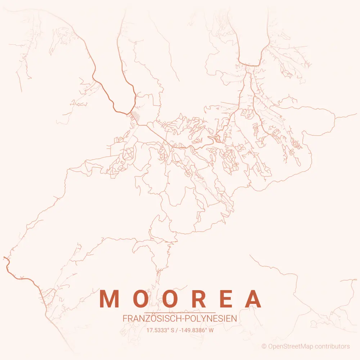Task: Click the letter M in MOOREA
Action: (x=109, y=299)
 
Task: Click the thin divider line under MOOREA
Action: (x=180, y=312)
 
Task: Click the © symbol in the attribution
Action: (x=264, y=347)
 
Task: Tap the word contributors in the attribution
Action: (x=332, y=347)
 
